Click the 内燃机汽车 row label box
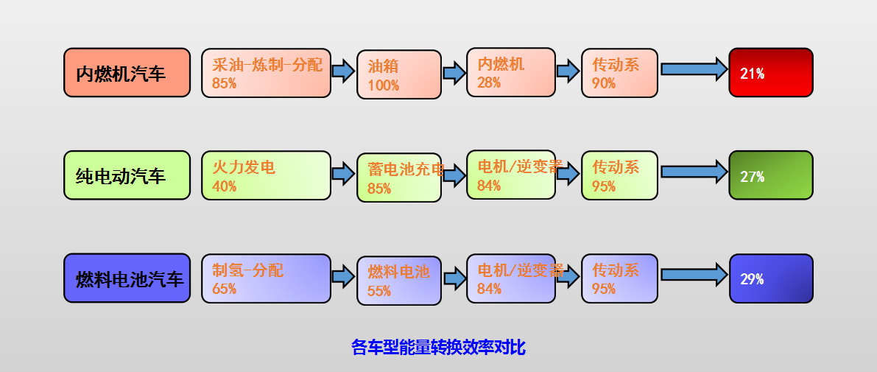coord(127,72)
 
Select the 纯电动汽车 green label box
coord(127,175)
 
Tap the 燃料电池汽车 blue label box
coord(127,278)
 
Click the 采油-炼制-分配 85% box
coord(266,73)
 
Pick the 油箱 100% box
coord(399,74)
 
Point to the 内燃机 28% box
coord(510,72)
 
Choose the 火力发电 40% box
coord(266,175)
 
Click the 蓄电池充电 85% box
coord(399,178)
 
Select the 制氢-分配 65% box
coord(266,278)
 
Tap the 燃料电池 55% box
coord(399,281)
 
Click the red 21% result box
coord(770,72)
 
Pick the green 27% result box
coord(770,175)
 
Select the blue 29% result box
coord(770,278)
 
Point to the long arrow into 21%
coord(693,69)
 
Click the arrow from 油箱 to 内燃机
coord(454,72)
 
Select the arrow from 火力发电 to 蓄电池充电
coord(343,174)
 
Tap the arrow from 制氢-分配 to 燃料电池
coord(343,277)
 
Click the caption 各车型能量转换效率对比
coord(438,347)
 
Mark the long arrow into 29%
coord(693,275)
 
